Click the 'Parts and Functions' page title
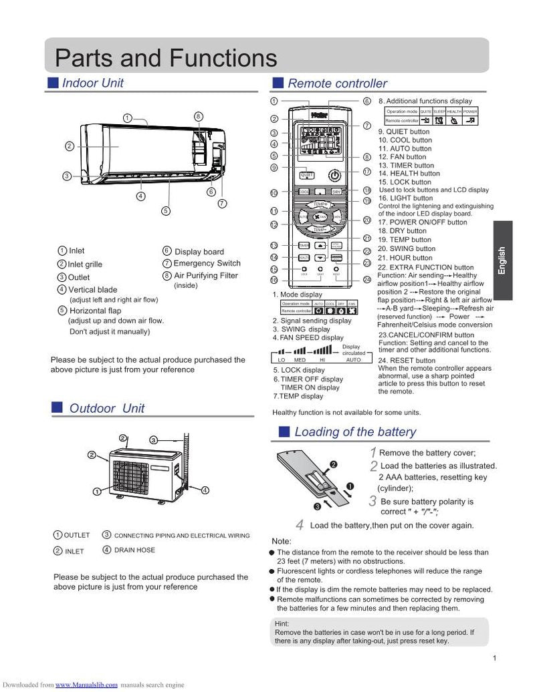[x=165, y=57]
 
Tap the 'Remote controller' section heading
[x=336, y=83]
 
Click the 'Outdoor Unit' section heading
[x=106, y=408]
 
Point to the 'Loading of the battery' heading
[x=354, y=432]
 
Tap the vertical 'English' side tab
[x=502, y=261]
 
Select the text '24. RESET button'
[x=407, y=361]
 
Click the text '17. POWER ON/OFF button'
[x=422, y=222]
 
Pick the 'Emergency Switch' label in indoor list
[x=207, y=264]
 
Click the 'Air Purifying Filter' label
[x=205, y=276]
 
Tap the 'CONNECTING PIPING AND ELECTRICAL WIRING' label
[x=182, y=536]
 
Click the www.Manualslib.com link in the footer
[x=86, y=685]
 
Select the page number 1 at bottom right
[x=494, y=659]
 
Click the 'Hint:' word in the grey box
[x=282, y=623]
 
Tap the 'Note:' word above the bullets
[x=282, y=541]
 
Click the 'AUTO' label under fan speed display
[x=352, y=359]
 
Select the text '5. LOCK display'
[x=298, y=370]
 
